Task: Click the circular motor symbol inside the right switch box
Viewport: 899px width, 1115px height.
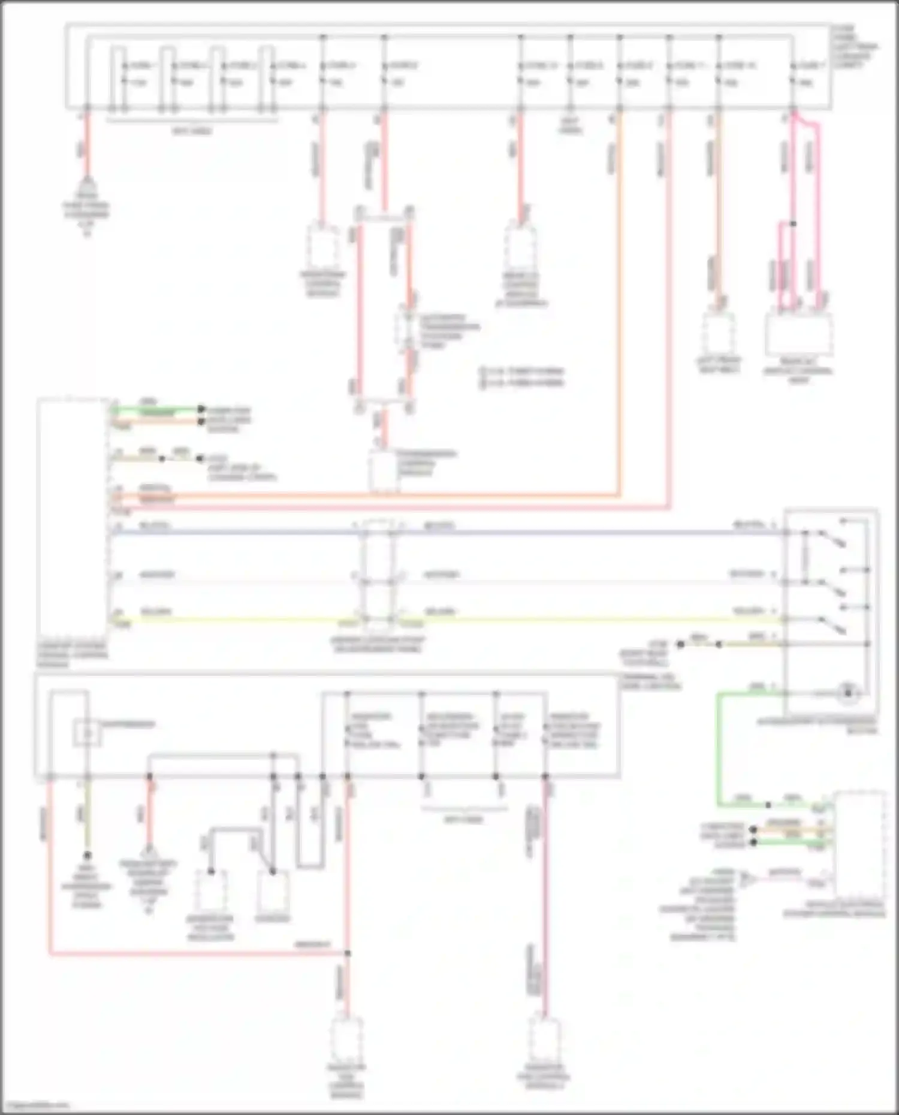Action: pyautogui.click(x=847, y=693)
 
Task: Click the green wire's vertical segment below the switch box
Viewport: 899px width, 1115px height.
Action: pyautogui.click(x=719, y=749)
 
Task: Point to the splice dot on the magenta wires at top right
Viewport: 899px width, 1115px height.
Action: pyautogui.click(x=793, y=224)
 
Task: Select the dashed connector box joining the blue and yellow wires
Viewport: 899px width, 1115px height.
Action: pyautogui.click(x=378, y=575)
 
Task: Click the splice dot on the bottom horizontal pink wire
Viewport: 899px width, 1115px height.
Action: pyautogui.click(x=347, y=953)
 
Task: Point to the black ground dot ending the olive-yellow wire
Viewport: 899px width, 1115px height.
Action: pyautogui.click(x=88, y=855)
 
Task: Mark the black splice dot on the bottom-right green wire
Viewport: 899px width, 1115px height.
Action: pyautogui.click(x=768, y=805)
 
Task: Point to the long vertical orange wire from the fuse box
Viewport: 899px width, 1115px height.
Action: pyautogui.click(x=619, y=300)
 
